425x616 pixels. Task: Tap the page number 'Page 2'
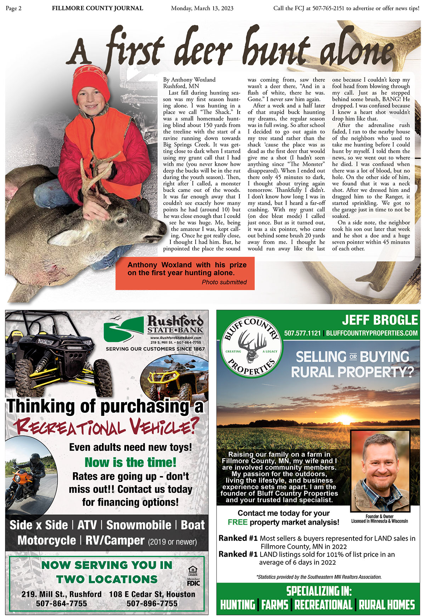[x=13, y=8]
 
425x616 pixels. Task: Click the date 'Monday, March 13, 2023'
[x=202, y=8]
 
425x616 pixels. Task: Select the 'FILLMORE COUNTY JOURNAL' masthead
[x=97, y=8]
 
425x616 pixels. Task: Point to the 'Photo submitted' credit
[x=224, y=282]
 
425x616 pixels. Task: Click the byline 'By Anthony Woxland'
[x=189, y=80]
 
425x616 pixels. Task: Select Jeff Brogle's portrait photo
[x=380, y=470]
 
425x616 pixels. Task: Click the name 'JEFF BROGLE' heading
[x=380, y=320]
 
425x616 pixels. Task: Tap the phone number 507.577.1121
[x=302, y=333]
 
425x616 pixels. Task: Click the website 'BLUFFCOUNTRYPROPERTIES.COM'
[x=372, y=333]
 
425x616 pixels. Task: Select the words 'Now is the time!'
[x=130, y=462]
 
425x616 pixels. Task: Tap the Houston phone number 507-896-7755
[x=152, y=603]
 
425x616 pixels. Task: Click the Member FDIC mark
[x=193, y=582]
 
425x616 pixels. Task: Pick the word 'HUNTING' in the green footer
[x=238, y=605]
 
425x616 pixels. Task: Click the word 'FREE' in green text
[x=237, y=522]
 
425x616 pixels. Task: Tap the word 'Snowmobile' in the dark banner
[x=138, y=525]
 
